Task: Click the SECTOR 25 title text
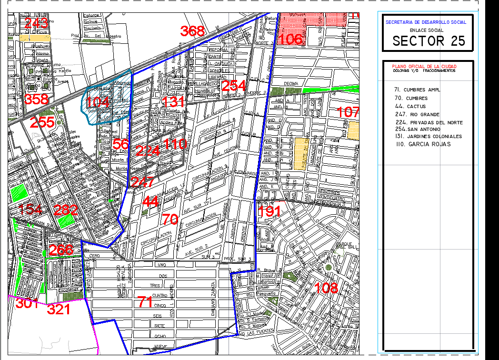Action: click(x=429, y=41)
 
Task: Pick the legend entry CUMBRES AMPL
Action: click(x=417, y=90)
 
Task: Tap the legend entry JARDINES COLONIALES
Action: click(x=428, y=136)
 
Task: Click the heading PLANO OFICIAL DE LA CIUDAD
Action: click(x=423, y=66)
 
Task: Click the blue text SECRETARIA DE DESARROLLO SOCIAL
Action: click(x=426, y=22)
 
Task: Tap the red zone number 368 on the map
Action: click(x=192, y=31)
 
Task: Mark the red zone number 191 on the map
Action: click(x=269, y=211)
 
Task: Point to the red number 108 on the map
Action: click(x=327, y=288)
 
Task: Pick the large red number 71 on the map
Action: click(x=145, y=301)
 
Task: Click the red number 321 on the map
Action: click(x=59, y=310)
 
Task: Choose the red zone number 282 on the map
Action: click(x=66, y=210)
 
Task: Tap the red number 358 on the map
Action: click(x=37, y=100)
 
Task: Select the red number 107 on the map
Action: click(x=348, y=113)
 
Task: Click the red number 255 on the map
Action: click(x=42, y=123)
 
